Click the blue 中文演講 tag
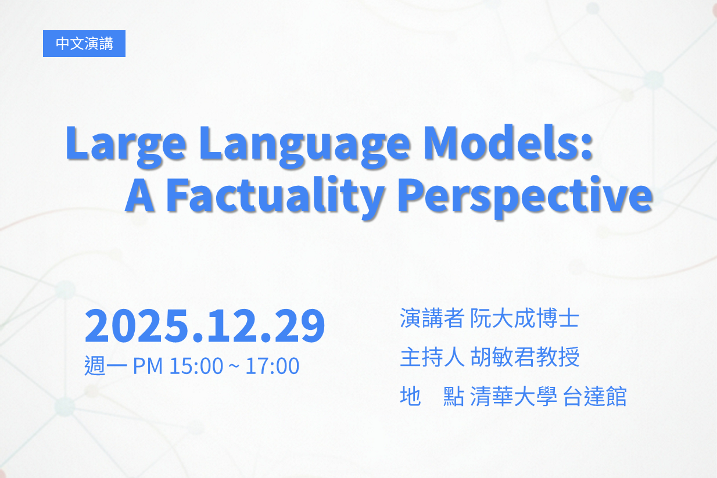point(84,44)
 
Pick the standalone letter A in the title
point(140,195)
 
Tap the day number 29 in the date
point(299,325)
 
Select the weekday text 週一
point(106,365)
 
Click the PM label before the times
point(148,366)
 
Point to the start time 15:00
point(196,366)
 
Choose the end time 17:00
point(273,366)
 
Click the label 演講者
point(432,318)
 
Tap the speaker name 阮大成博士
point(525,318)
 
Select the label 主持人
point(432,357)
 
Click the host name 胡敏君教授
point(525,357)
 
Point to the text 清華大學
point(514,396)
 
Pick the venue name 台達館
point(594,396)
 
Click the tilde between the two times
point(234,366)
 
